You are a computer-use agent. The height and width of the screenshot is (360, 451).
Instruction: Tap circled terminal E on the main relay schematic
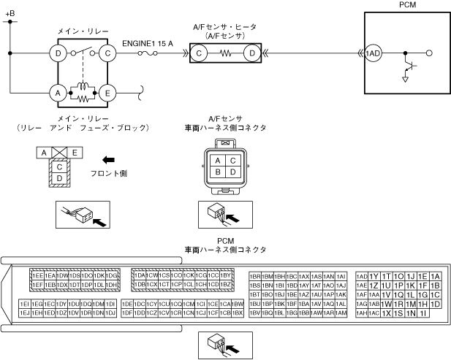click(x=107, y=93)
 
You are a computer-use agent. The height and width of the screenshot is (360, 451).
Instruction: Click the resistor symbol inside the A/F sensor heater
click(x=226, y=53)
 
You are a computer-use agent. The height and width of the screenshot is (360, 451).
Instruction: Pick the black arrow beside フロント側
click(x=109, y=159)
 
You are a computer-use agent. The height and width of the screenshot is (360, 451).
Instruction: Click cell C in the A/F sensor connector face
click(x=231, y=160)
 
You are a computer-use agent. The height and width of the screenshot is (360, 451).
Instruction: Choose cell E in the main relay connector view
click(x=76, y=152)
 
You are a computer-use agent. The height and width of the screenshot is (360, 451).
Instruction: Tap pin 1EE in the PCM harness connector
click(x=37, y=275)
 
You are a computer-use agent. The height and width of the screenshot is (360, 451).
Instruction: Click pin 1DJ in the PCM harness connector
click(x=110, y=313)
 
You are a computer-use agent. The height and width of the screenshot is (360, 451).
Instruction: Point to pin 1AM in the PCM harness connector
click(x=341, y=313)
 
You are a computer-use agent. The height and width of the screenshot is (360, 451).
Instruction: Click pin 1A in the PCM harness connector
click(x=436, y=276)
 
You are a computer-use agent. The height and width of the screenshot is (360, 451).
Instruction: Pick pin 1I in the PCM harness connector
click(x=423, y=313)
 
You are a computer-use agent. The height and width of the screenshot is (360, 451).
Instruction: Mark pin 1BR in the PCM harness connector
click(x=256, y=276)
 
